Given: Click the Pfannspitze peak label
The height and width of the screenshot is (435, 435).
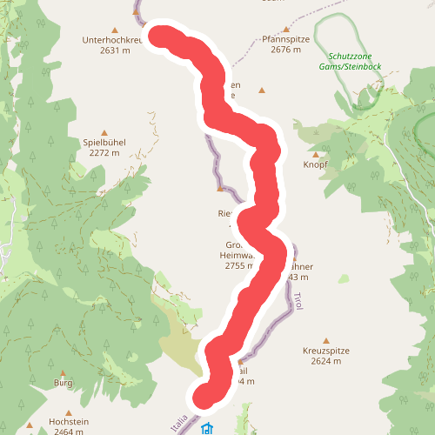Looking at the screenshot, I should click(284, 39).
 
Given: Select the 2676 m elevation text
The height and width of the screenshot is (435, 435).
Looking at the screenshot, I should click(284, 50).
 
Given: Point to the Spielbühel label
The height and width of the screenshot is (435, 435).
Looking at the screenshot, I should click(104, 142).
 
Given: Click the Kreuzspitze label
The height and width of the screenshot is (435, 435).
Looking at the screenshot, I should click(326, 350).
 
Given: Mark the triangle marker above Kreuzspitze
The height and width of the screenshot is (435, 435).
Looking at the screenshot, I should click(326, 339).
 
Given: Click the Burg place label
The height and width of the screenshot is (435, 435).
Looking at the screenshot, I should click(63, 382).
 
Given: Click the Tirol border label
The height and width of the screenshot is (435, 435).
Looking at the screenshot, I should click(297, 301).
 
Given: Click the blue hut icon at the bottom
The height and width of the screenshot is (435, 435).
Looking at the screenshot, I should click(207, 429).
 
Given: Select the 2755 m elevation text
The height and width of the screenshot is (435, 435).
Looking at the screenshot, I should click(238, 266).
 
